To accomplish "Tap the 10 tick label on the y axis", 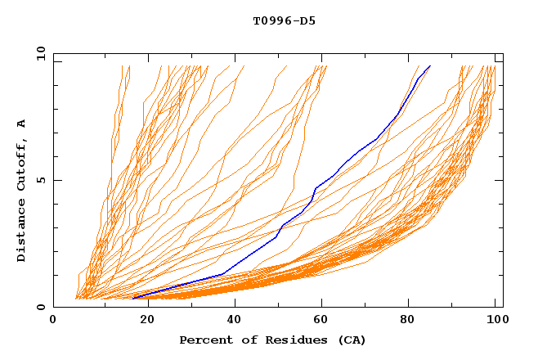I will coord(39,54).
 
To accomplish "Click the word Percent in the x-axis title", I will coord(205,340).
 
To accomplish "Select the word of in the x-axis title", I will coord(248,340).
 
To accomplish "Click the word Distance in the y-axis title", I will coord(22,231).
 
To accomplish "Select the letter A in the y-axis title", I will coord(22,123).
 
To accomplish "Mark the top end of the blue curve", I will coord(430,65).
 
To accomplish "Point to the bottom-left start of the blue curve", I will coord(132,299).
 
